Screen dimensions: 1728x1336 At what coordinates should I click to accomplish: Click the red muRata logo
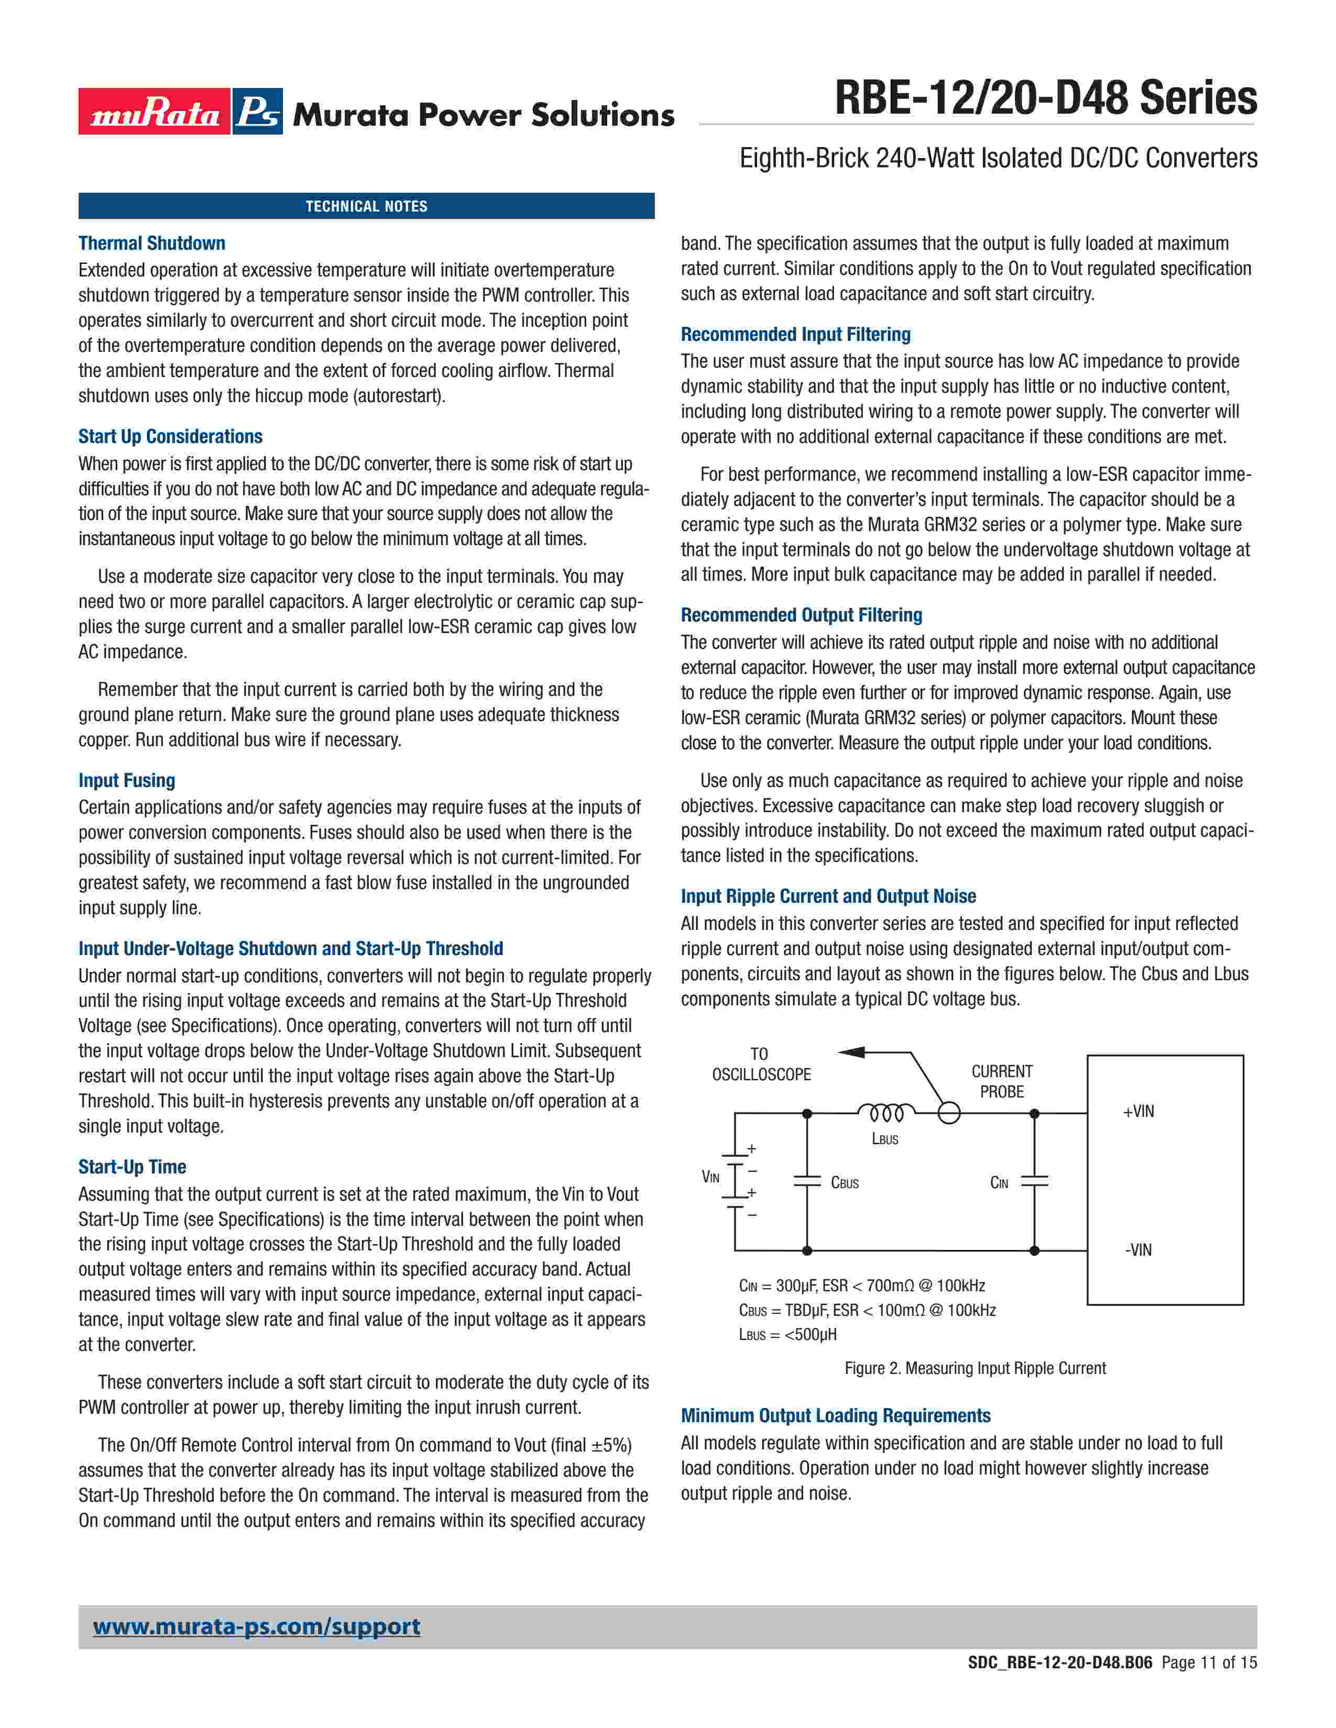pos(155,112)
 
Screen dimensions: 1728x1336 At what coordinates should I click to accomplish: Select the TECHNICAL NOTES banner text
pos(366,206)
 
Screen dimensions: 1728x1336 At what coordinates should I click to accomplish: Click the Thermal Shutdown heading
pos(152,243)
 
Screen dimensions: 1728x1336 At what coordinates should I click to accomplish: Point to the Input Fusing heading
pos(127,780)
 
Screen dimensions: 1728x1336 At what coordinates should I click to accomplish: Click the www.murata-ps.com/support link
pos(256,1627)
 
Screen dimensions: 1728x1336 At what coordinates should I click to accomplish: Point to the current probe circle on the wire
pos(949,1113)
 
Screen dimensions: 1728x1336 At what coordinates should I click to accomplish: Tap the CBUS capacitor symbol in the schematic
pos(807,1182)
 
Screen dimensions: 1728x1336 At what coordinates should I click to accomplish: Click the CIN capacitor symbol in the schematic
pos(1034,1182)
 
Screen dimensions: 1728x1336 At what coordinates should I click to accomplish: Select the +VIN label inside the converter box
pos(1138,1112)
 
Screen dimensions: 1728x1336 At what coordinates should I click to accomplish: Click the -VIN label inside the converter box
pos(1138,1250)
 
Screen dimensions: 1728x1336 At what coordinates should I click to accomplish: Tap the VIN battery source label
pos(711,1177)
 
